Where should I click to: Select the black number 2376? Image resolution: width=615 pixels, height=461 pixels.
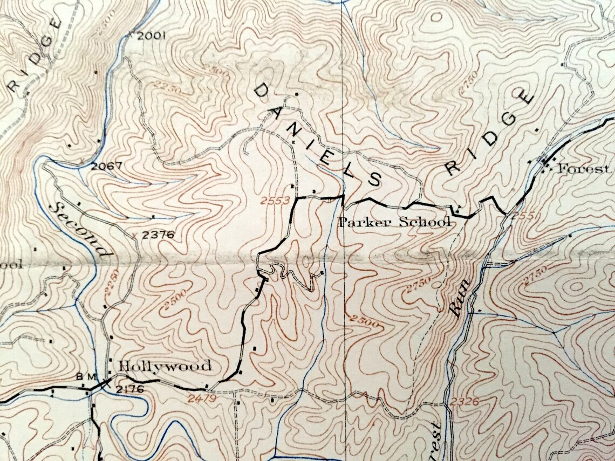point(156,235)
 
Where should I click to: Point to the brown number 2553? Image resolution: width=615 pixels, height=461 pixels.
point(275,201)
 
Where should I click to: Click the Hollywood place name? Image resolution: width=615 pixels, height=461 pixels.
point(165,366)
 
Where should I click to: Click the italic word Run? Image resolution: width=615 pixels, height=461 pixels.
point(459,300)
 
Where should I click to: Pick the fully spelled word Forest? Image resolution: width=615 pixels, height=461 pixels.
point(583,169)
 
